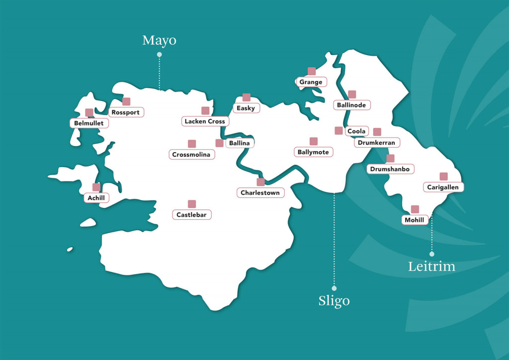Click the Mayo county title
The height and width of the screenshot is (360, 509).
pos(159,40)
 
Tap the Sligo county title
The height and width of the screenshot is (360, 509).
pos(334,301)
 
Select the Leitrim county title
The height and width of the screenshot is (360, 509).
pos(431,266)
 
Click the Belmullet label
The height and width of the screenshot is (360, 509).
pos(89,123)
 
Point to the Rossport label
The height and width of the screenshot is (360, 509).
pos(126,112)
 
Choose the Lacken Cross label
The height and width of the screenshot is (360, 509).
pos(205,121)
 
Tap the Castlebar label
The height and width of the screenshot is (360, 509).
pos(192,215)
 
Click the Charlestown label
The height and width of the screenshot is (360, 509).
pos(260,192)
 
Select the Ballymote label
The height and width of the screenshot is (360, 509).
pos(313,152)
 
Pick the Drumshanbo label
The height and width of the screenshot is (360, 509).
pos(390,169)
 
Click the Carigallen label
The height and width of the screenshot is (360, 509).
pos(443,187)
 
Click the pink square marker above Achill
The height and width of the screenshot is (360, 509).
pos(96,187)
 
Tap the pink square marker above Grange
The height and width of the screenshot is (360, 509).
pos(312,71)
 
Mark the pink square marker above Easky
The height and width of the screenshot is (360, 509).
pos(246,97)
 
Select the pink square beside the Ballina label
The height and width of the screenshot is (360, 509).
pos(219,143)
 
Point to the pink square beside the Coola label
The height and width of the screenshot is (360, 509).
pos(339,131)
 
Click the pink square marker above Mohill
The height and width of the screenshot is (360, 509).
pos(415,209)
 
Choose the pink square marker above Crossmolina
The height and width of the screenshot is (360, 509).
pos(192,144)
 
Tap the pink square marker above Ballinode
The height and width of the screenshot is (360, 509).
pos(352,94)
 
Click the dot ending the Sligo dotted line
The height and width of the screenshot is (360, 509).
pos(334,288)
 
